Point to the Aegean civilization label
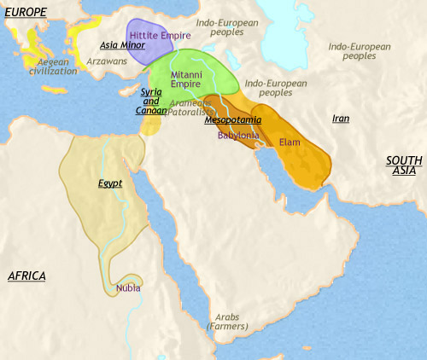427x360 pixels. click(x=52, y=68)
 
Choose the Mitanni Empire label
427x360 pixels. click(x=186, y=81)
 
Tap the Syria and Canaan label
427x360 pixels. click(x=151, y=102)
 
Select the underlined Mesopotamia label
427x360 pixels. click(x=233, y=120)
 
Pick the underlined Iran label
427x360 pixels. click(x=340, y=119)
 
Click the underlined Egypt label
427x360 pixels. click(x=110, y=183)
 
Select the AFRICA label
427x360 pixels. click(x=26, y=276)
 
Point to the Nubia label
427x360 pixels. click(x=128, y=287)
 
